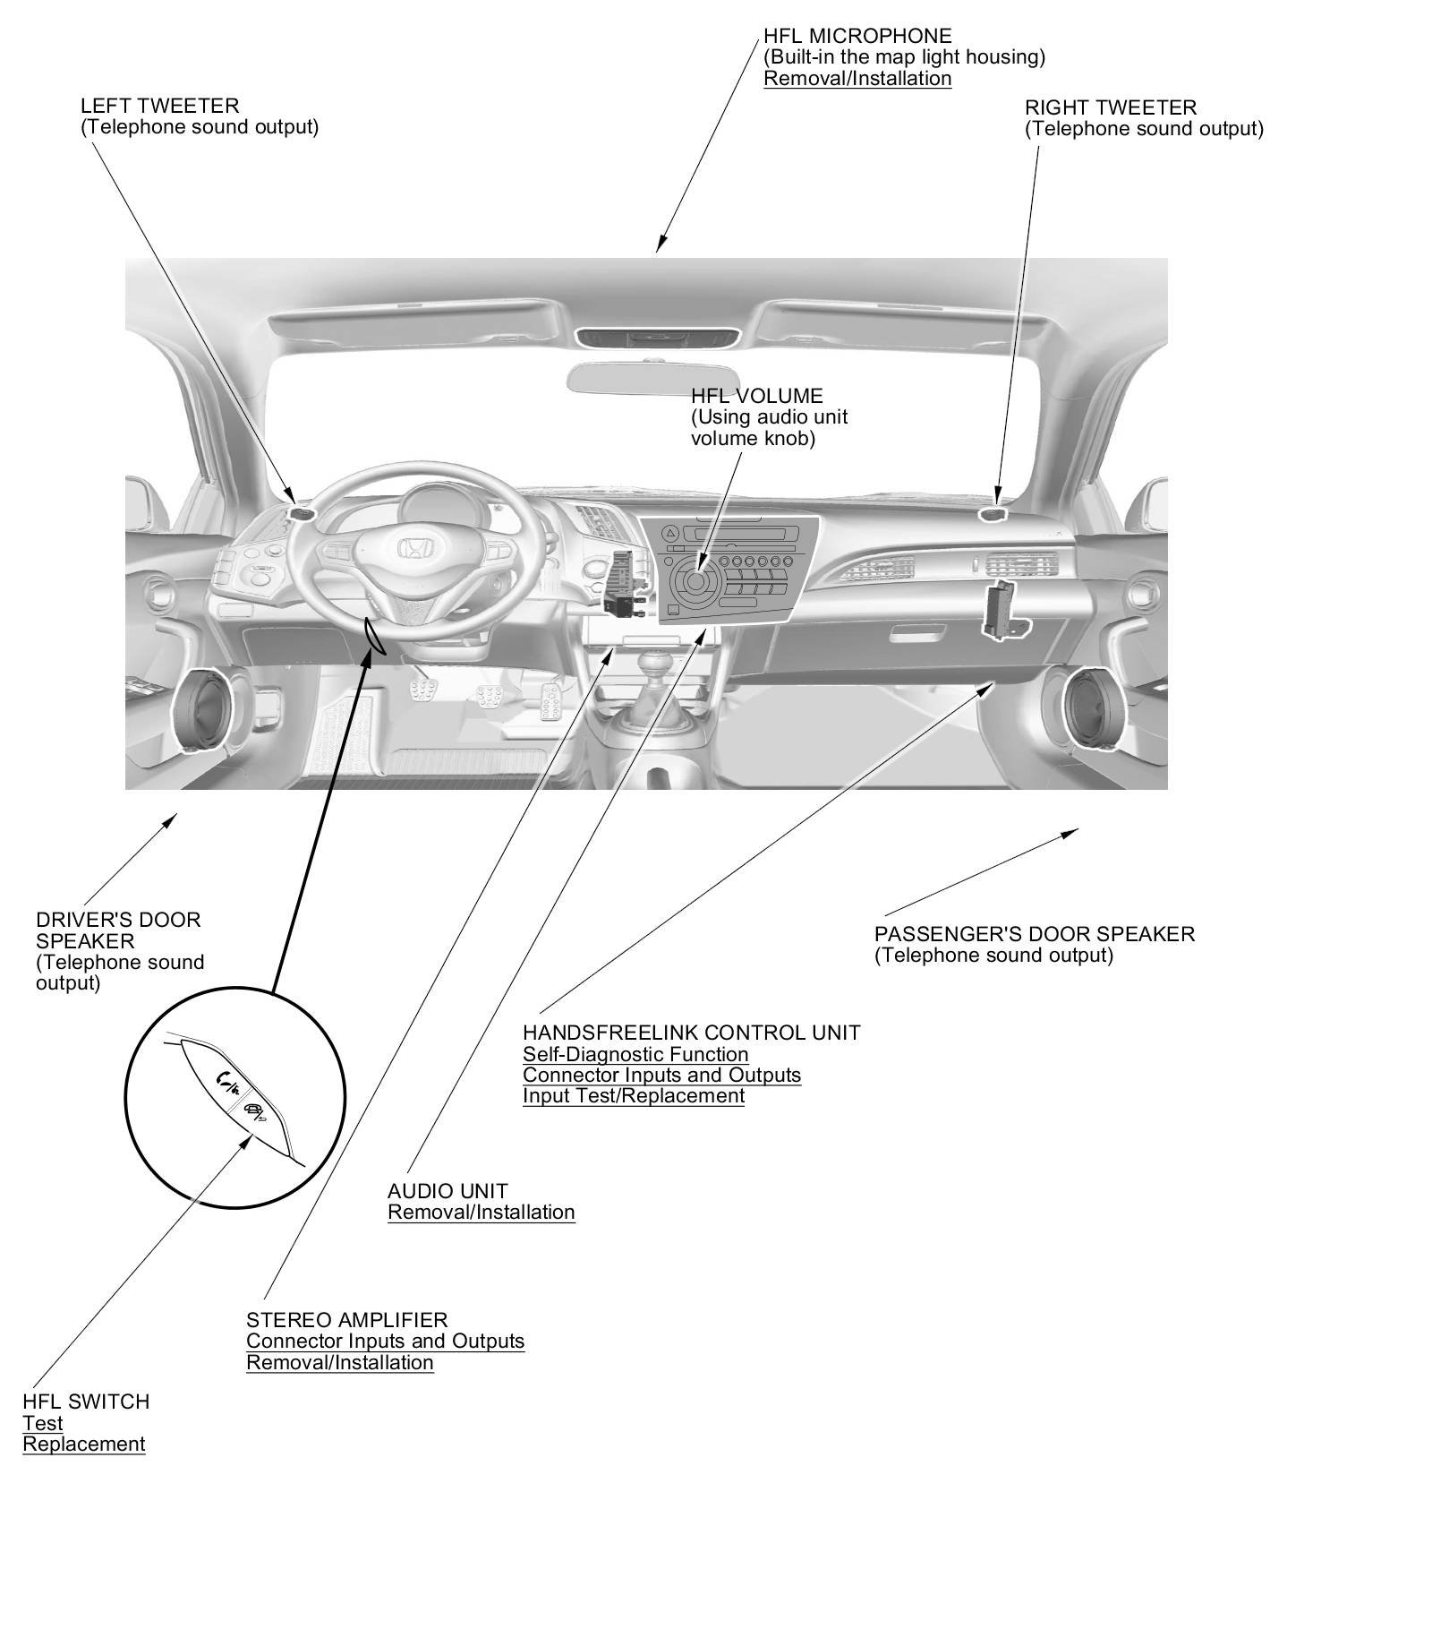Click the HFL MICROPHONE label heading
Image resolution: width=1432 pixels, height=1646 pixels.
(857, 37)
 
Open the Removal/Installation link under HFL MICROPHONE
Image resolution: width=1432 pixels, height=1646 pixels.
(857, 79)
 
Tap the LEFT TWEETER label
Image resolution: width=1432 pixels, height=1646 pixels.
(159, 107)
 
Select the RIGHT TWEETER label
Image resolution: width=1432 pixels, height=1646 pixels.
(1110, 108)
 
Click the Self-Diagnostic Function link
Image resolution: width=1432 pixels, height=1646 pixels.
(635, 1055)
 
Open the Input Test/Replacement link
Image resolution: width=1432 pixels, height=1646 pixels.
(634, 1096)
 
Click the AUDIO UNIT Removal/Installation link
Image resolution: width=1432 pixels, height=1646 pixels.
(481, 1213)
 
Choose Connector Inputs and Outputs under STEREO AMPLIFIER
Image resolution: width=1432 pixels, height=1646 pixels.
(385, 1342)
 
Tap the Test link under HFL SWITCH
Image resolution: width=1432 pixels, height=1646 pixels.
(43, 1424)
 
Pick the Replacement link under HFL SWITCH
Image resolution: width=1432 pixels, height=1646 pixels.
(83, 1445)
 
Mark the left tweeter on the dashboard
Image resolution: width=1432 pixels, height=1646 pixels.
(301, 514)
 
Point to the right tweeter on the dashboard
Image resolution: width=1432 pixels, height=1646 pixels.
(993, 514)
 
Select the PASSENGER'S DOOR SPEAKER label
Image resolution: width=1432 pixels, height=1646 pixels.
(1034, 934)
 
